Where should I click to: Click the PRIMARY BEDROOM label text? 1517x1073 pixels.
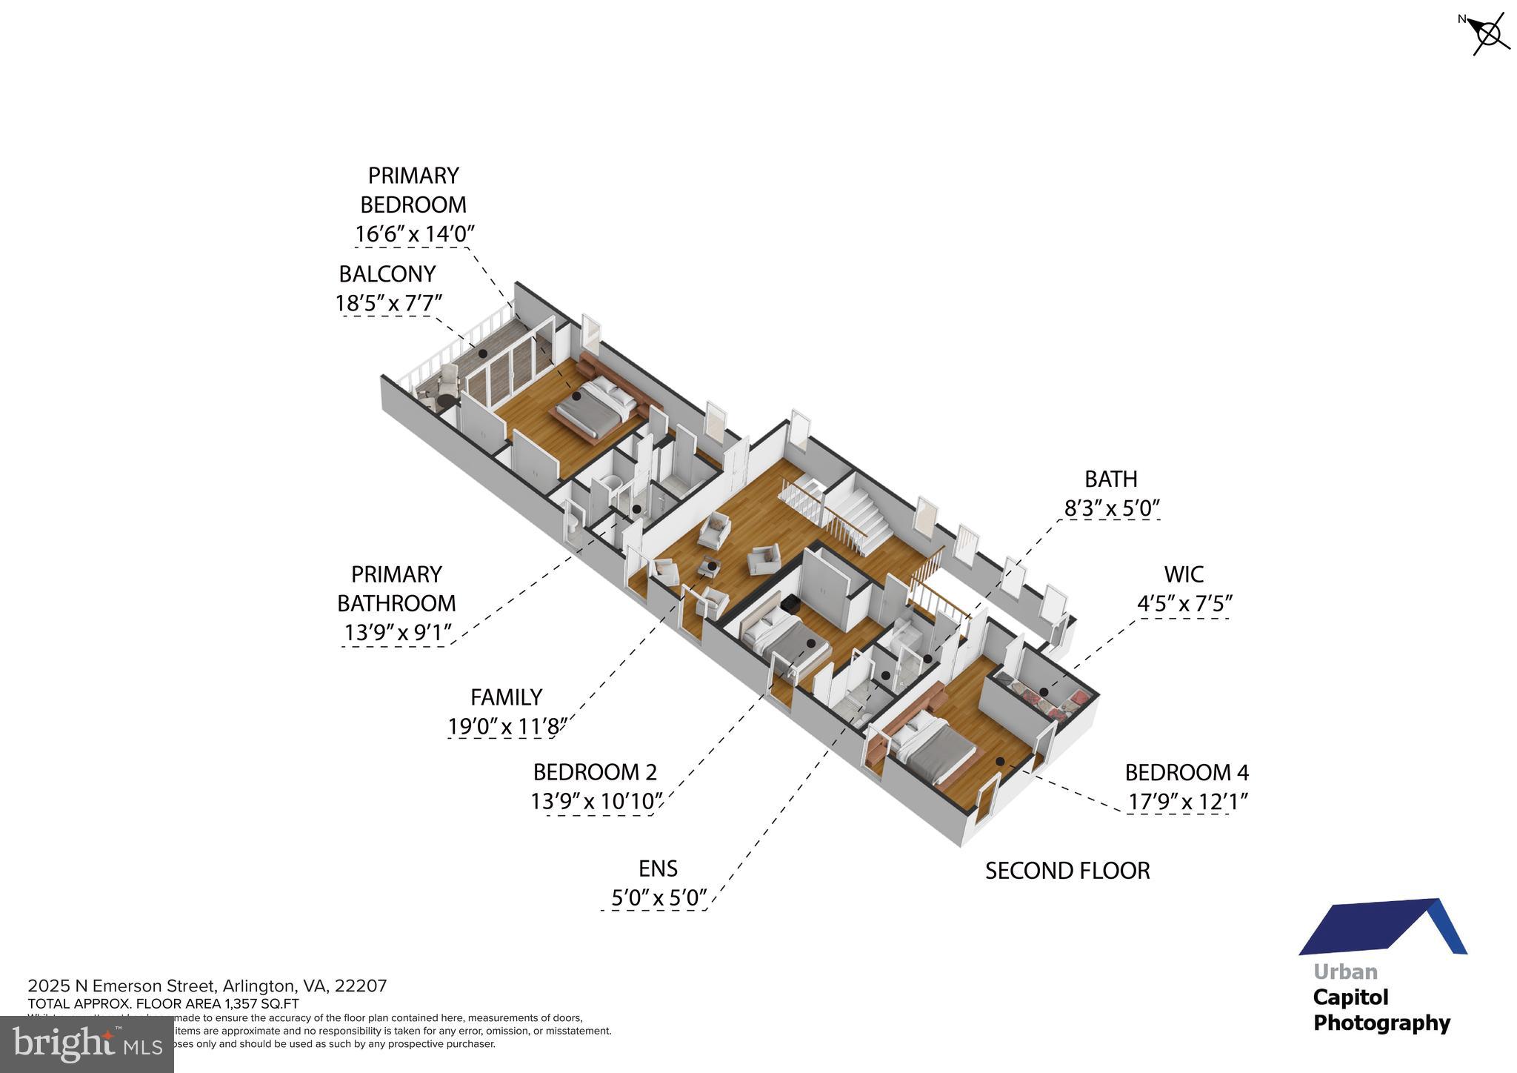(x=413, y=190)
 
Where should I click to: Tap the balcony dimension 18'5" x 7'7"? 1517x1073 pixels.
(x=388, y=304)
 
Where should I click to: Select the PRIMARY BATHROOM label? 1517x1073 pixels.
(x=396, y=588)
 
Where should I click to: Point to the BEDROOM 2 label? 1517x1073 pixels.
(x=595, y=772)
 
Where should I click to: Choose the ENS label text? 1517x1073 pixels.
(x=658, y=868)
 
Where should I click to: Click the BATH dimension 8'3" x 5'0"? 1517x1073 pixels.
(x=1111, y=508)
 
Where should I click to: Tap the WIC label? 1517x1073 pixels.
(x=1184, y=574)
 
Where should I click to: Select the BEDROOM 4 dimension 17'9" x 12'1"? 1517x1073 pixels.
(x=1187, y=803)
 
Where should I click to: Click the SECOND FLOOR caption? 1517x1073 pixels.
(x=1067, y=871)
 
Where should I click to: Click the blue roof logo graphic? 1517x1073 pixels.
(x=1382, y=927)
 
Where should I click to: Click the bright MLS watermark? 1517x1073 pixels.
(x=87, y=1045)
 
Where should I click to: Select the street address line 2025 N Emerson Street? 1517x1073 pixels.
(x=207, y=986)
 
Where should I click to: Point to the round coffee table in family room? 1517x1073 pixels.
(x=709, y=567)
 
